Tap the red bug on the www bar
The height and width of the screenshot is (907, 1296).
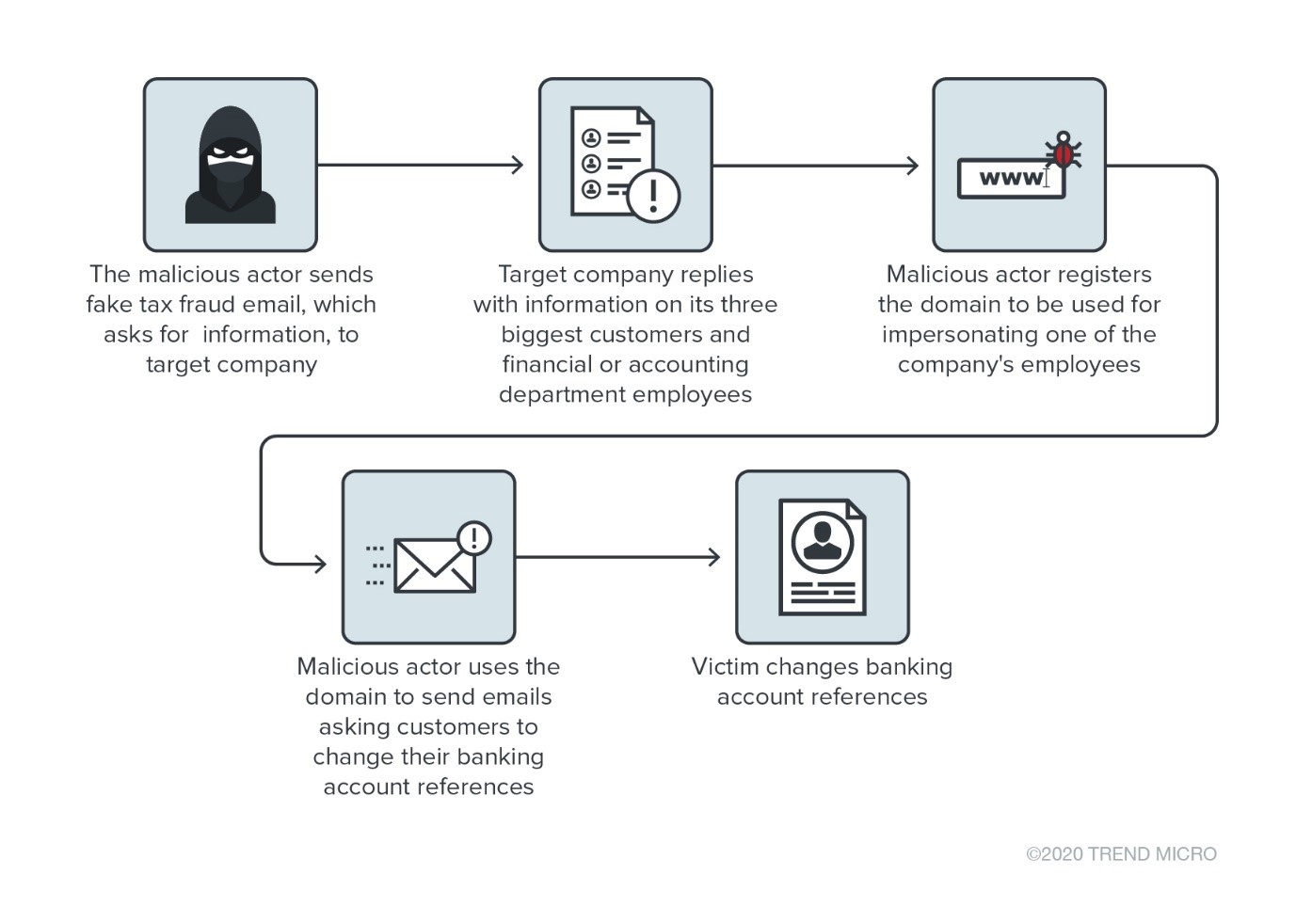pos(1064,151)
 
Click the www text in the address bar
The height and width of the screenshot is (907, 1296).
pos(1010,178)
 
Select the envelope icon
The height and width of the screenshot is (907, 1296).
pos(434,565)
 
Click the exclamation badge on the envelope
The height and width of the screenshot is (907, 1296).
pos(474,538)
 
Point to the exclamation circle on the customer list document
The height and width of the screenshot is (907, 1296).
pos(653,196)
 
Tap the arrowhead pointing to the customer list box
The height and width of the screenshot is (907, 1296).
pos(517,166)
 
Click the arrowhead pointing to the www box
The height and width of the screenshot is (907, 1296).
pos(911,166)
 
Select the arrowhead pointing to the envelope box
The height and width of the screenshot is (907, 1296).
pos(319,564)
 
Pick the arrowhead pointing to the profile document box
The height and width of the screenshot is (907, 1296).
pos(713,557)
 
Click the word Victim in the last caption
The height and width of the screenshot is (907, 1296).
pos(721,667)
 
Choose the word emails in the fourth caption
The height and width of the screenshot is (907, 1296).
pos(514,697)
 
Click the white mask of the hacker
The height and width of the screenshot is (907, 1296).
pos(231,154)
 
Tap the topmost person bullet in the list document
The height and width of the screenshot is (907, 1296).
pos(591,138)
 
